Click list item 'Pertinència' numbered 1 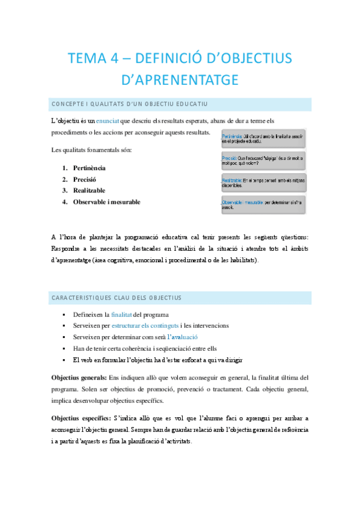pyautogui.click(x=89, y=168)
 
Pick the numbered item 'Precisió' pyautogui.click(x=84, y=179)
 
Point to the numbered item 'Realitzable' pyautogui.click(x=89, y=191)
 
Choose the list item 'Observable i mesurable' pyautogui.click(x=106, y=202)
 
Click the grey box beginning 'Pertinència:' pyautogui.click(x=263, y=140)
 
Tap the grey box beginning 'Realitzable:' pyautogui.click(x=263, y=183)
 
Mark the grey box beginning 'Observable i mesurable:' pyautogui.click(x=263, y=204)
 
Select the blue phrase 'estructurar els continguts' pyautogui.click(x=144, y=326)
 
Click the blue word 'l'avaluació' pyautogui.click(x=182, y=337)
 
